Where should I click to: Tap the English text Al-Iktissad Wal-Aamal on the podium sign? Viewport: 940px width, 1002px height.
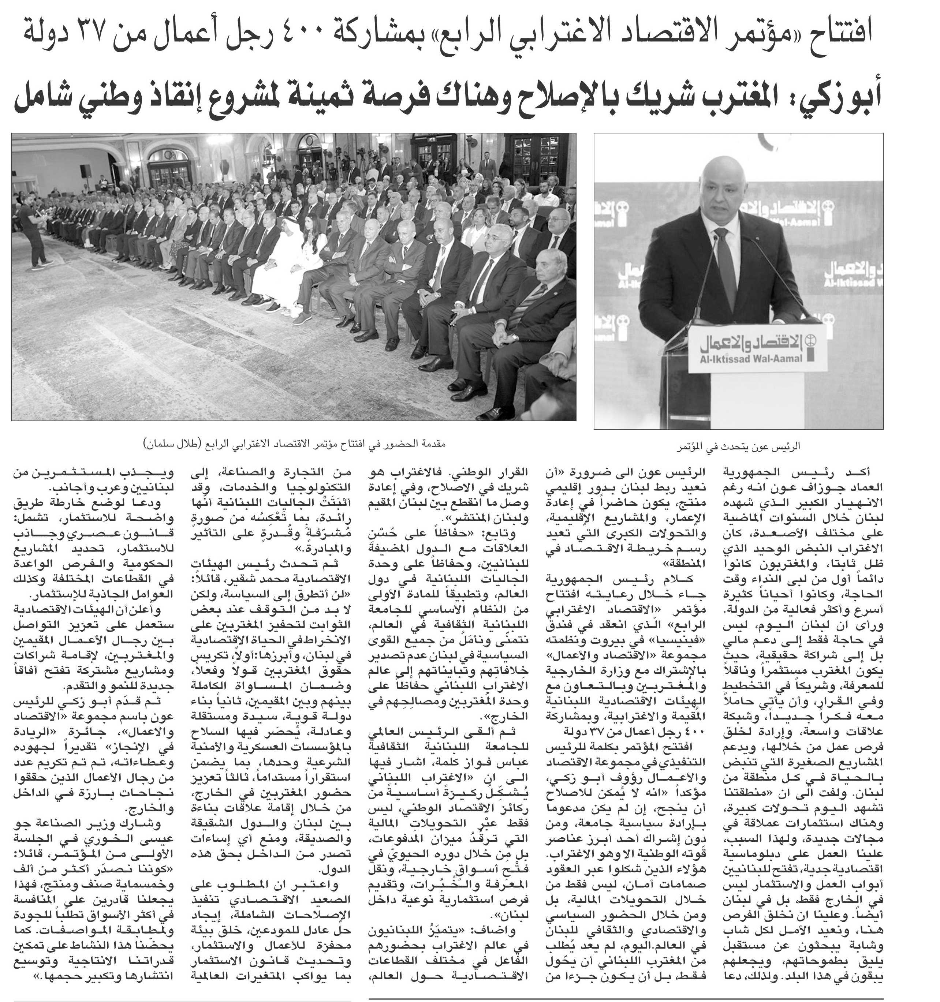click(x=751, y=360)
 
